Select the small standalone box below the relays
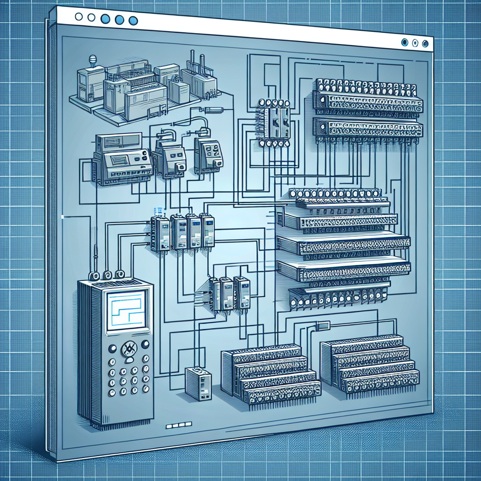(x=198, y=383)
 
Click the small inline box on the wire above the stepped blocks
(x=323, y=326)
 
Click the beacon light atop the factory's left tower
(x=93, y=60)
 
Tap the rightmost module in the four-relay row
(x=207, y=231)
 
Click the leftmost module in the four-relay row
(x=160, y=233)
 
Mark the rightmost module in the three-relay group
(x=242, y=292)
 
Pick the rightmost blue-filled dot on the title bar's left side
(x=133, y=20)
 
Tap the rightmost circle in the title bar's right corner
(x=425, y=43)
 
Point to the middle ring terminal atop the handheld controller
(x=108, y=275)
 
